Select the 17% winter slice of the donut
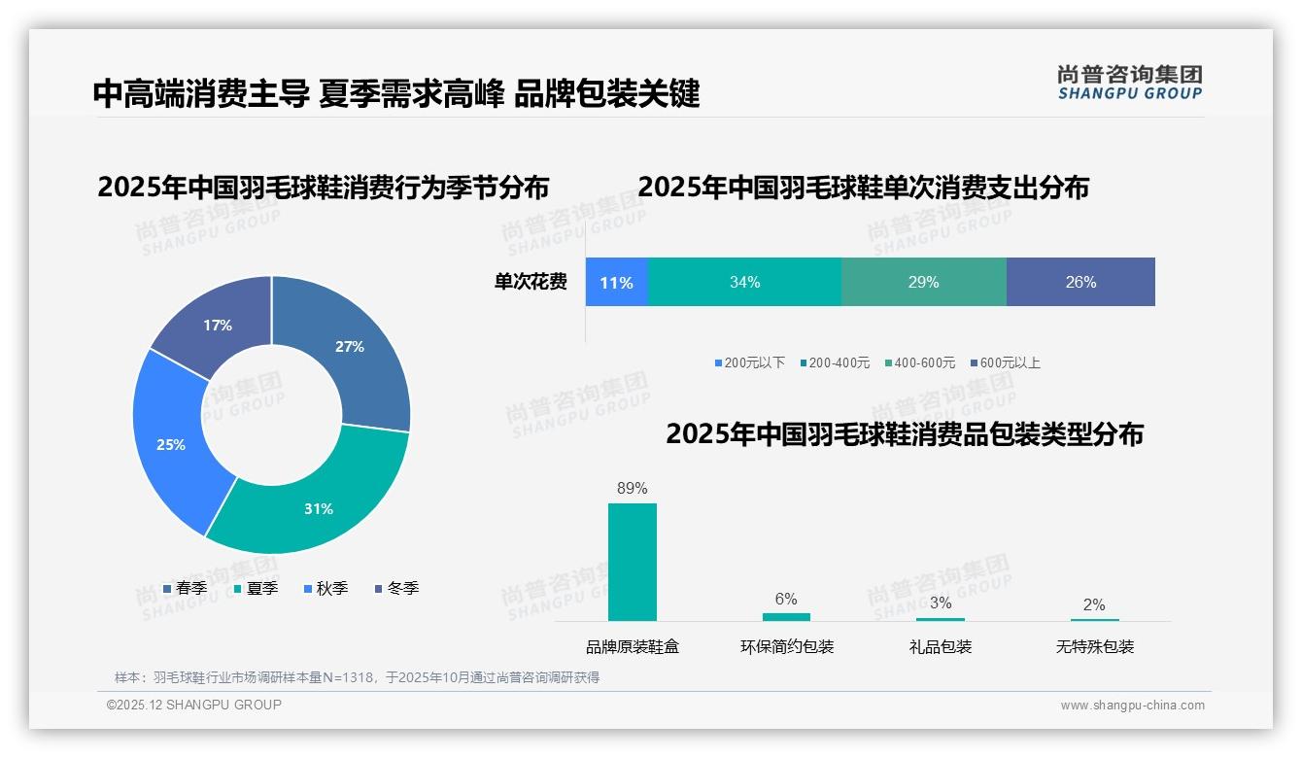pyautogui.click(x=216, y=321)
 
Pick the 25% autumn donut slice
pyautogui.click(x=170, y=445)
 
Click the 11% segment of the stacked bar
pyautogui.click(x=616, y=283)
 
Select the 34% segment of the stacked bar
pyautogui.click(x=744, y=283)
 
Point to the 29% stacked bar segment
pyautogui.click(x=923, y=283)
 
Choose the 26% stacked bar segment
pyautogui.click(x=1080, y=283)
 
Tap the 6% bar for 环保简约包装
pyautogui.click(x=786, y=617)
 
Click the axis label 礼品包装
pyautogui.click(x=941, y=647)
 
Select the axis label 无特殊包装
pyautogui.click(x=1095, y=647)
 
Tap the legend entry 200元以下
pyautogui.click(x=750, y=363)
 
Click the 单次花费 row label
pyautogui.click(x=531, y=283)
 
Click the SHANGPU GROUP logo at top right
pyautogui.click(x=1129, y=83)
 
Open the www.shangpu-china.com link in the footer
pyautogui.click(x=1132, y=706)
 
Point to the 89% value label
pyautogui.click(x=633, y=489)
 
